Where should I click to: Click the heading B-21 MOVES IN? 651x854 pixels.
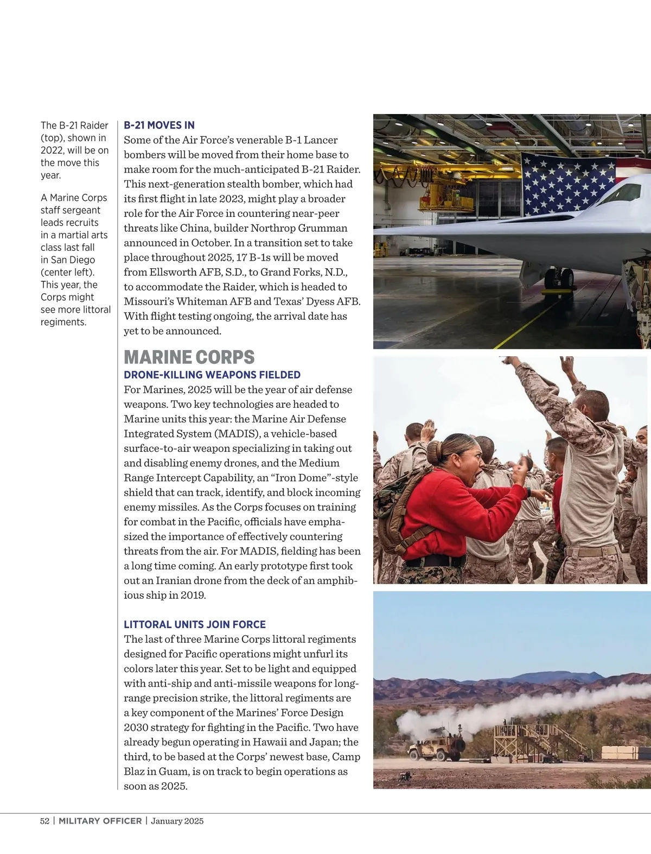[159, 125]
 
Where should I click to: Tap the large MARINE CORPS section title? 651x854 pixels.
[189, 357]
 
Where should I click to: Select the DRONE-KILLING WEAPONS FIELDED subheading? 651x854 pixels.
[212, 375]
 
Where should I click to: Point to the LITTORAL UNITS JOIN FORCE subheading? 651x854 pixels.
[194, 625]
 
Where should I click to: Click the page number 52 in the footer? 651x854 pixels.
[44, 821]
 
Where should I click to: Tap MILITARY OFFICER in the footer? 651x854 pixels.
[100, 821]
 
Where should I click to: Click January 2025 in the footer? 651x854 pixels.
[177, 821]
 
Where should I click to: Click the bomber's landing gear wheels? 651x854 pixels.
[559, 279]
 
